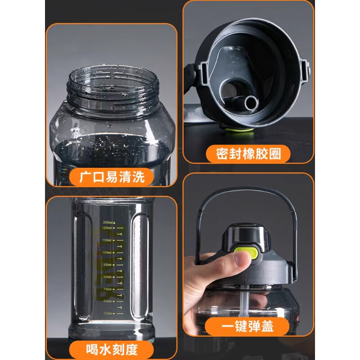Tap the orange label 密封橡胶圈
tap(248, 154)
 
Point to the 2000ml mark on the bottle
tap(109, 222)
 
